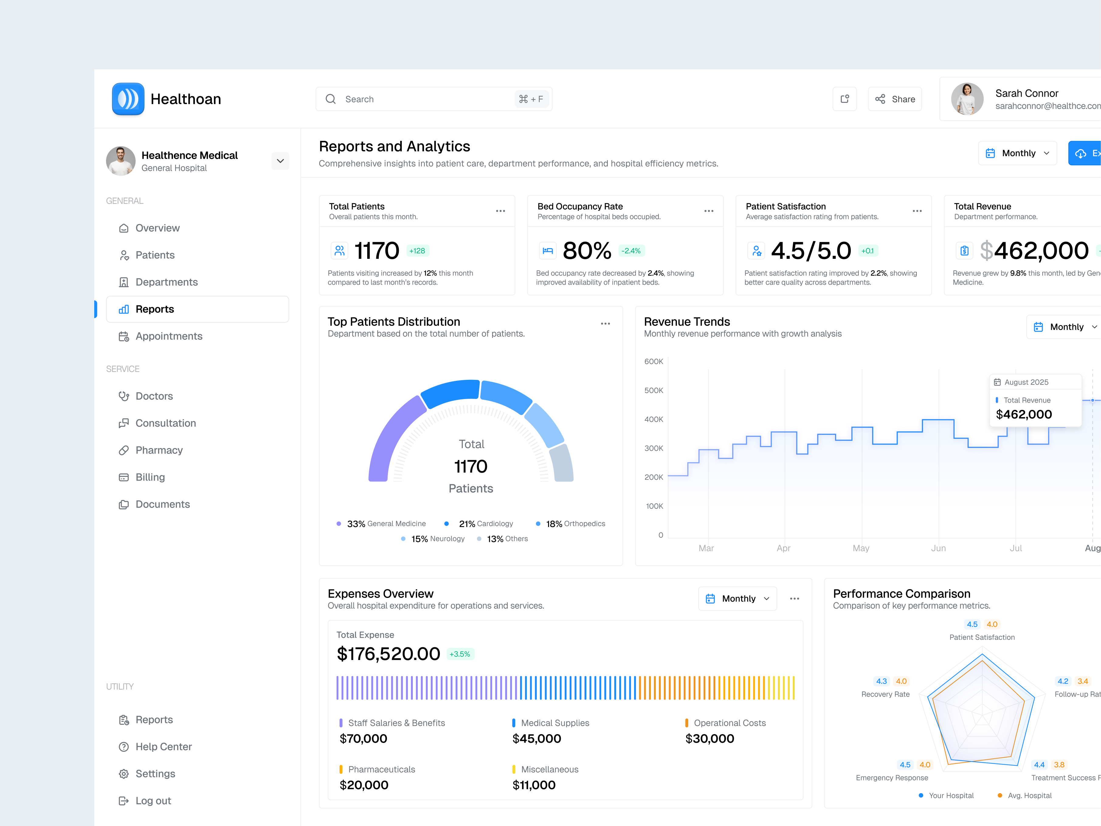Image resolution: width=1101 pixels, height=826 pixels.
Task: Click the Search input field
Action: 423,99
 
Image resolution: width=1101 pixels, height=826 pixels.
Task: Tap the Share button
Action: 895,99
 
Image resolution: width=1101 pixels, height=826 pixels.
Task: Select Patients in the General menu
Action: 155,255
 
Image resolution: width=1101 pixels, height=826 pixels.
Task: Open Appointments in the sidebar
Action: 169,336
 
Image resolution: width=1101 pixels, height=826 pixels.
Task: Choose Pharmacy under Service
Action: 159,450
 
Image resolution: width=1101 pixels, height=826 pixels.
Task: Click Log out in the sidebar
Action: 153,801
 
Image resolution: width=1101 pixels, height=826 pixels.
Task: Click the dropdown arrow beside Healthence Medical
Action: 280,161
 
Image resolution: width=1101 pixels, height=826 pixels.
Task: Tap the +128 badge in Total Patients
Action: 417,251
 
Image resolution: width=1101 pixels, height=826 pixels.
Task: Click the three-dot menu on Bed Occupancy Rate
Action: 709,211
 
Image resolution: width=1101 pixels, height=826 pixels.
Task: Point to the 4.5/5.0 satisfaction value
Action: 811,250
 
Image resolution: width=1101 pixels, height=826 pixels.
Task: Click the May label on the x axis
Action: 861,548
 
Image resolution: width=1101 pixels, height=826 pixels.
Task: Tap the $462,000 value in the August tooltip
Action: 1023,414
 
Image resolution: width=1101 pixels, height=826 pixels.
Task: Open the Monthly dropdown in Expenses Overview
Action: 738,599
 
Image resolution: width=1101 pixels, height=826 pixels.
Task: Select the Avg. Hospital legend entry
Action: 1029,796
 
